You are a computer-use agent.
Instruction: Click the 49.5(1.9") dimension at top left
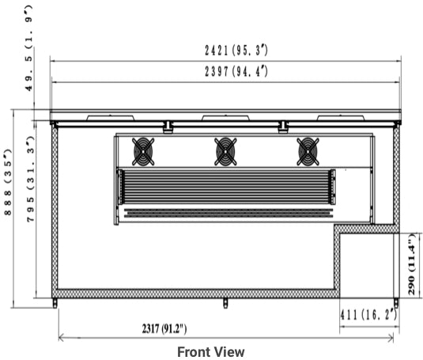click(x=29, y=47)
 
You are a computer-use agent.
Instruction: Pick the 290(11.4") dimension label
click(x=412, y=264)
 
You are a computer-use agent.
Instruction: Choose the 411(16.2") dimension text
click(x=368, y=314)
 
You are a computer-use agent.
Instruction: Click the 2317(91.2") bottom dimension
click(x=164, y=328)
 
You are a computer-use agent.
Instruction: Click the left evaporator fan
click(x=143, y=151)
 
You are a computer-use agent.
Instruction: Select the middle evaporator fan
click(x=225, y=151)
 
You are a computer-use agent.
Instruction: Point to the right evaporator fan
click(x=308, y=151)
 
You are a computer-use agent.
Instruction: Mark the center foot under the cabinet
click(x=225, y=302)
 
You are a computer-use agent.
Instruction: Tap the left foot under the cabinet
click(x=55, y=302)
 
